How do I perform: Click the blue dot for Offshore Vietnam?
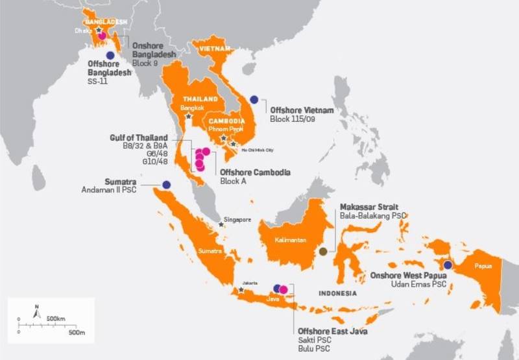click(254, 99)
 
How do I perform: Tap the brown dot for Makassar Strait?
click(324, 251)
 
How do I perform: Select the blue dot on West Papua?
click(448, 264)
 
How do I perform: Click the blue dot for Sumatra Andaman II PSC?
click(167, 184)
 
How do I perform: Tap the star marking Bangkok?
click(188, 116)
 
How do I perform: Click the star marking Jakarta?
click(242, 290)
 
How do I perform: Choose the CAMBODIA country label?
click(227, 121)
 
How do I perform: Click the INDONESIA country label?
click(337, 293)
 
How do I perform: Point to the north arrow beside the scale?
click(37, 315)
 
